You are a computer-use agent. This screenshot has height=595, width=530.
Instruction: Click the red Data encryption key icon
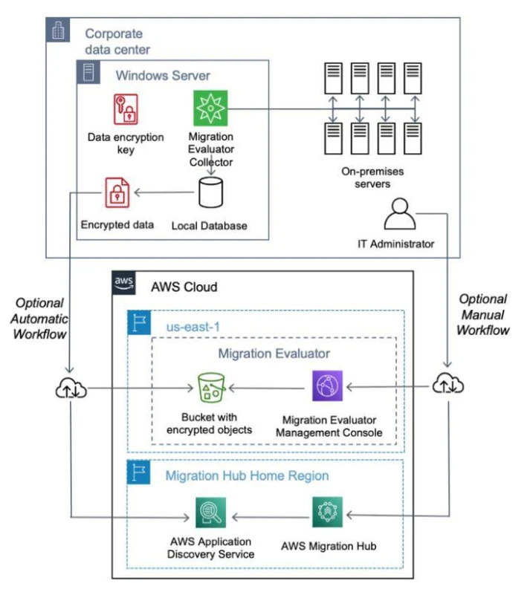click(x=126, y=109)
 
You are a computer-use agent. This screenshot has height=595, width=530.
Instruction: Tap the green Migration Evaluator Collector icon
click(x=210, y=108)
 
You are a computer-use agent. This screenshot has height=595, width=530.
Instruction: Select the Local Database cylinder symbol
click(x=210, y=192)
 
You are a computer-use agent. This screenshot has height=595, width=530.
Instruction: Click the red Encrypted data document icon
click(x=117, y=192)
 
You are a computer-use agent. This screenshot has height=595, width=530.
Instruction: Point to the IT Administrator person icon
click(x=400, y=214)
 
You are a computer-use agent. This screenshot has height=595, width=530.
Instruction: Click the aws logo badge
click(x=124, y=283)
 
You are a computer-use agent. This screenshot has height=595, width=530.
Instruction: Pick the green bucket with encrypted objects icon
click(x=211, y=388)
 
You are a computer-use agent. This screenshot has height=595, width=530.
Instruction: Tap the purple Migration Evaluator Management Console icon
click(x=327, y=386)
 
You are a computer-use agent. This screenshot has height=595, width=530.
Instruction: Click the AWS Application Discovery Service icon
click(x=210, y=513)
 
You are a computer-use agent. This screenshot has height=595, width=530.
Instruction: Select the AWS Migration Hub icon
click(x=327, y=512)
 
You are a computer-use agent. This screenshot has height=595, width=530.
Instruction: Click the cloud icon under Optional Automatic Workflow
click(x=71, y=388)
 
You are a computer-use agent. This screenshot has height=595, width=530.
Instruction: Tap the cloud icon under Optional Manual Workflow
click(x=448, y=383)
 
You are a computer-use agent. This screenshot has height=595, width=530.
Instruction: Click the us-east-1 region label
click(x=193, y=327)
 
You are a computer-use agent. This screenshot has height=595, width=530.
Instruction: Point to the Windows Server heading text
click(x=163, y=76)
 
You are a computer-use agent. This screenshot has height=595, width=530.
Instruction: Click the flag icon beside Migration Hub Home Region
click(x=138, y=472)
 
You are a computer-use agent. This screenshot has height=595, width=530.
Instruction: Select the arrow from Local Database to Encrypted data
click(x=164, y=192)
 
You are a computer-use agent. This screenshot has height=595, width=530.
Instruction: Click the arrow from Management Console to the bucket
click(x=267, y=388)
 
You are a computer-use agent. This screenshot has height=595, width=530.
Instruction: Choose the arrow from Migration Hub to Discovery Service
click(x=271, y=517)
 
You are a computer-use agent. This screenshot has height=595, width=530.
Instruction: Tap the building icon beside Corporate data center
click(x=58, y=30)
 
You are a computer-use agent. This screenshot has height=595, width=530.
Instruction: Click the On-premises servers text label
click(x=372, y=178)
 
